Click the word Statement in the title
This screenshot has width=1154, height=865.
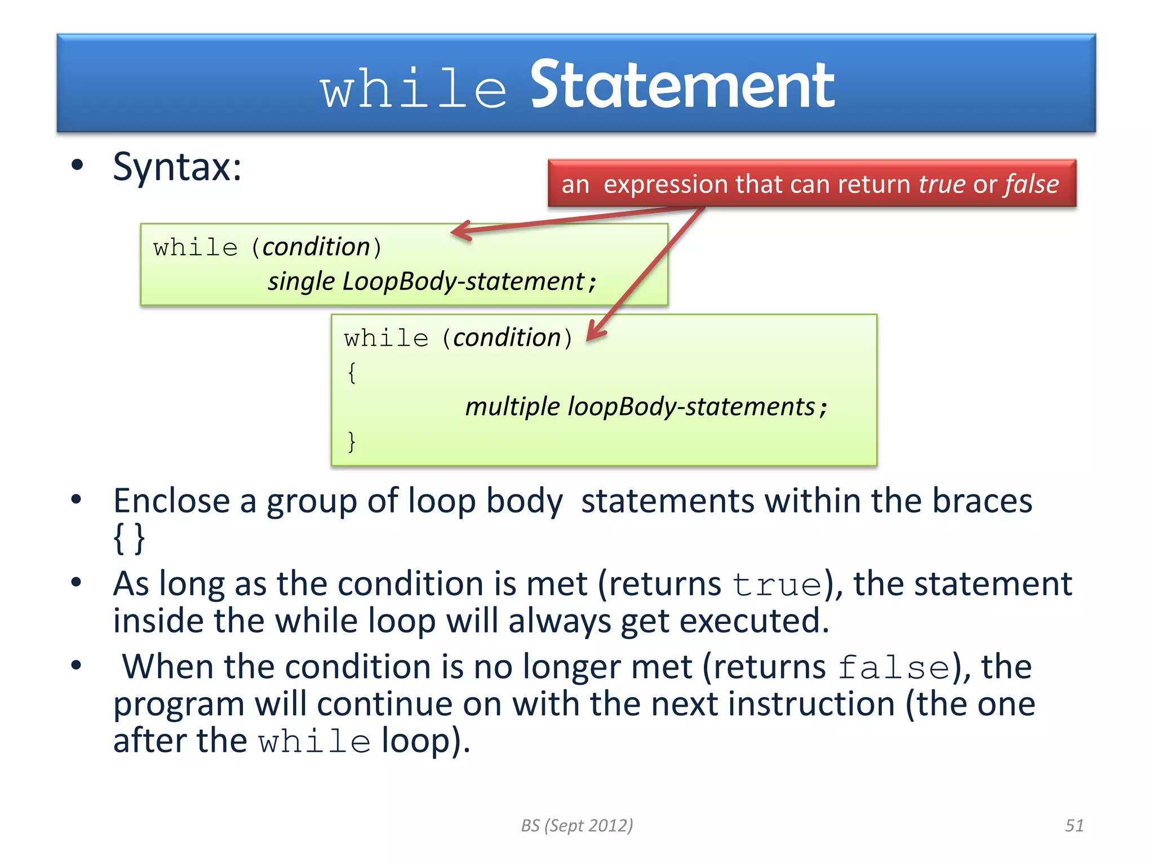click(x=682, y=86)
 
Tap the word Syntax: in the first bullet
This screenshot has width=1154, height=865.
click(x=177, y=167)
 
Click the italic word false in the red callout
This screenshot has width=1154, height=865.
click(x=1032, y=184)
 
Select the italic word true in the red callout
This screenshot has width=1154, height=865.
click(x=942, y=184)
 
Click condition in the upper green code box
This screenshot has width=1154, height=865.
click(x=316, y=247)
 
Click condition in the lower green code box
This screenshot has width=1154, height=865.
click(x=507, y=338)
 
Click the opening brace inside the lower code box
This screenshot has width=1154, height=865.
click(x=352, y=373)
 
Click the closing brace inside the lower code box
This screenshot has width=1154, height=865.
click(x=352, y=442)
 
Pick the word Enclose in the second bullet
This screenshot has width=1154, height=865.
click(x=172, y=501)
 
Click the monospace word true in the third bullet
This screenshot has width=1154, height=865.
click(x=777, y=585)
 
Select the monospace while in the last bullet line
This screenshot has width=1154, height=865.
click(x=314, y=742)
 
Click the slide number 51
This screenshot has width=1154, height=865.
click(x=1074, y=826)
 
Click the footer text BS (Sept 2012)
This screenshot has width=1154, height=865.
click(x=576, y=826)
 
